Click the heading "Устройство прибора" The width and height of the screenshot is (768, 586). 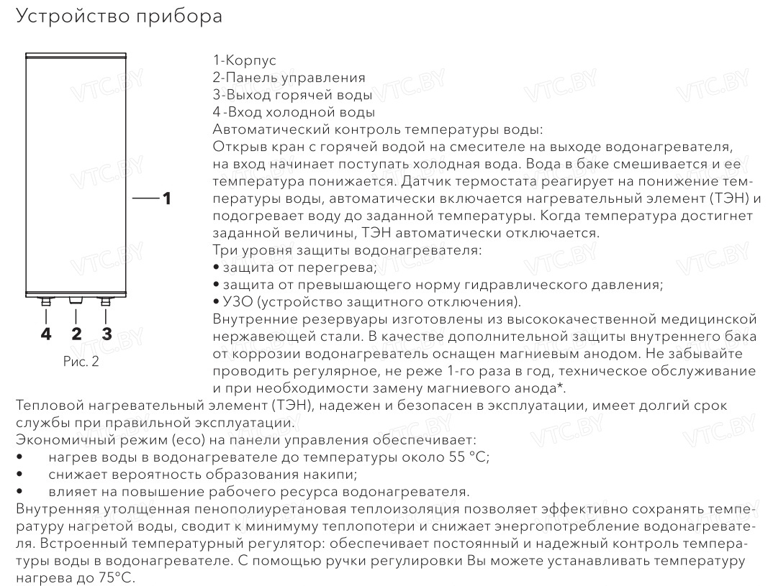click(119, 17)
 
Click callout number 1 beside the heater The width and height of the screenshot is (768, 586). click(166, 198)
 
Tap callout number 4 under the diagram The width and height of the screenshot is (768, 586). click(46, 333)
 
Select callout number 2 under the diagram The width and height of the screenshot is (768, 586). click(76, 333)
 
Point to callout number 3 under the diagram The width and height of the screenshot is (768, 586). click(107, 333)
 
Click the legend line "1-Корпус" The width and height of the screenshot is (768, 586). click(244, 60)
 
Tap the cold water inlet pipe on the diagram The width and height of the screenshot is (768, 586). click(46, 302)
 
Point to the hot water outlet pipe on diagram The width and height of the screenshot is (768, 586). click(107, 302)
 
